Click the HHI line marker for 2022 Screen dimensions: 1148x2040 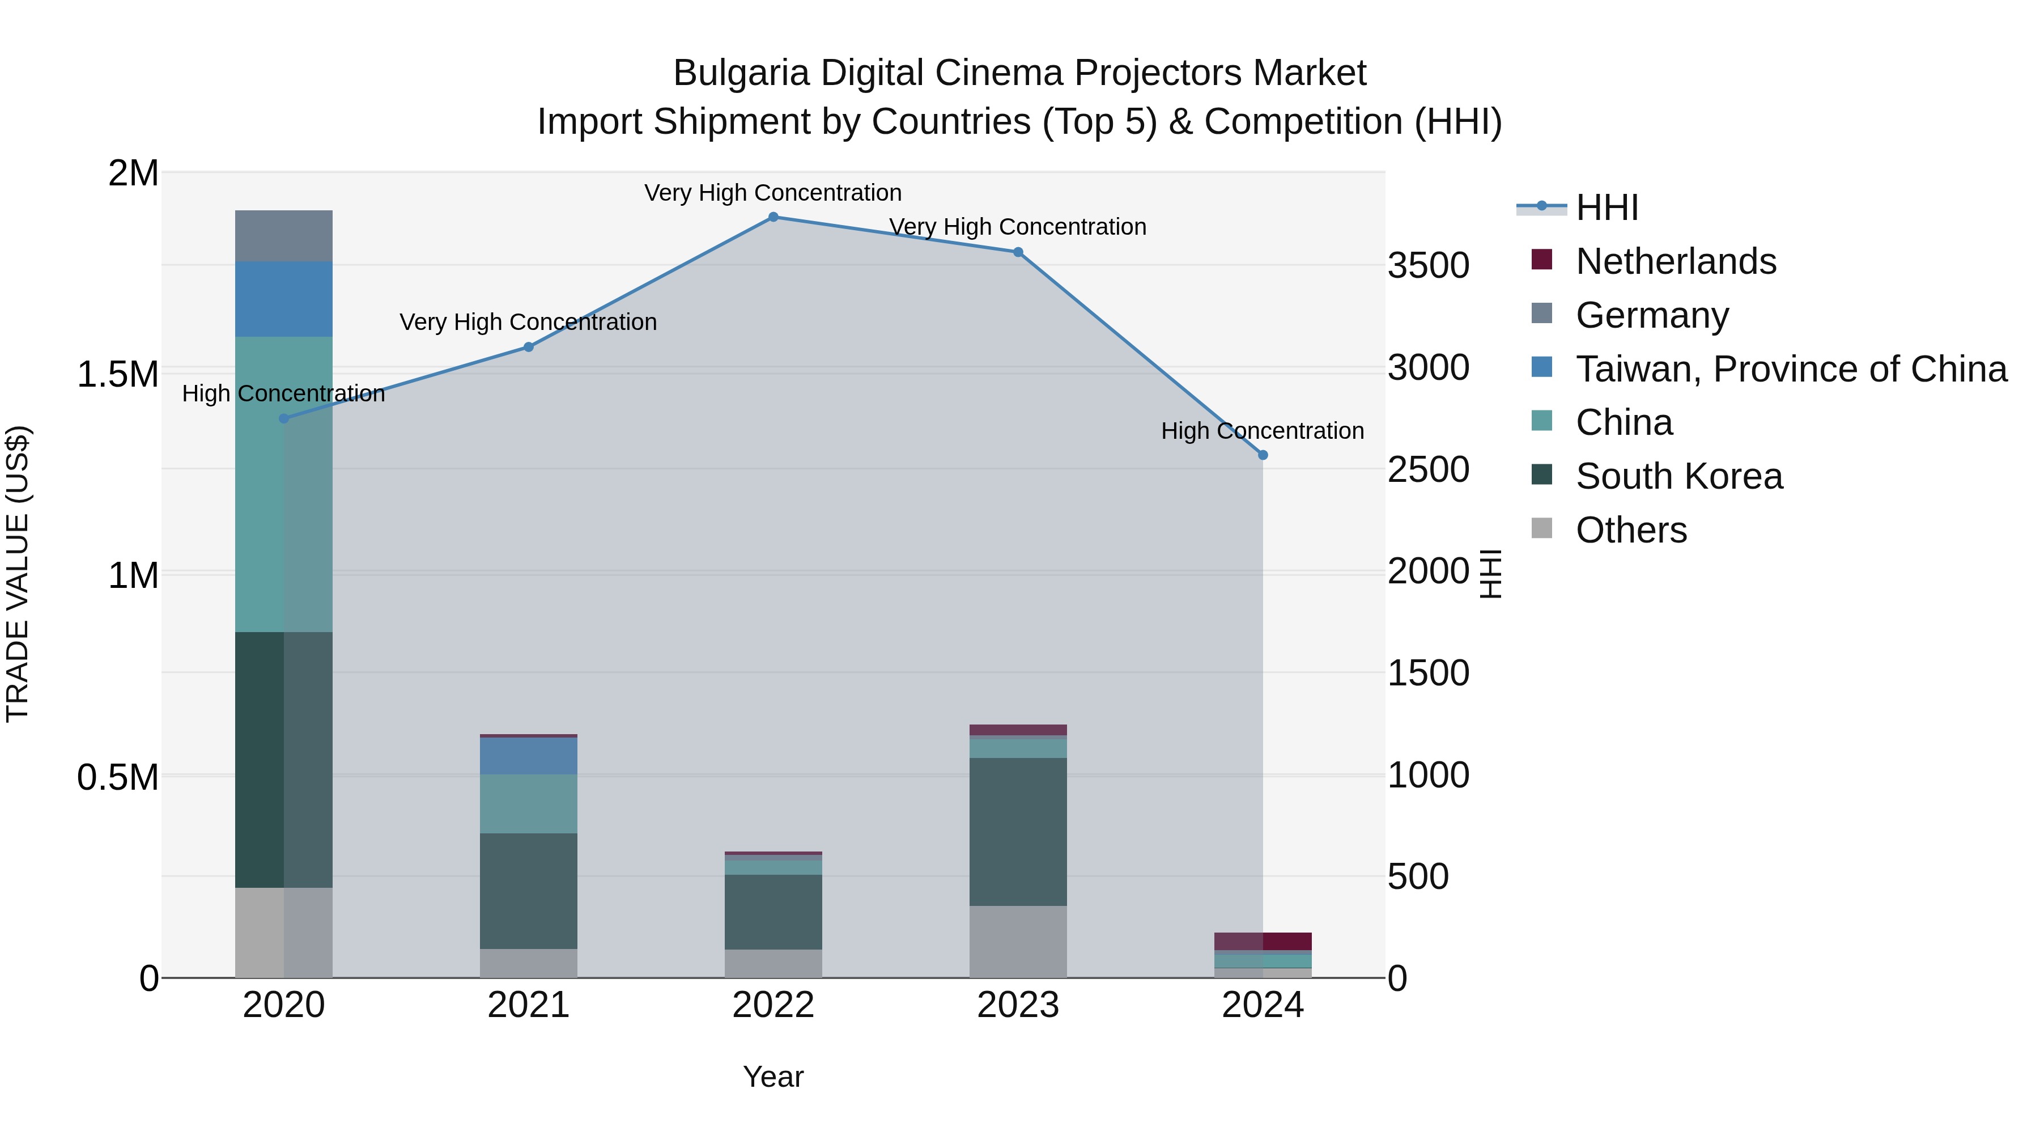point(773,217)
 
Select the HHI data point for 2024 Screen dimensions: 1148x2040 point(1263,456)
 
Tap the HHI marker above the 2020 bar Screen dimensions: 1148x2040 point(283,418)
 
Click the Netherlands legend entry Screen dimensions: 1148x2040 point(1675,261)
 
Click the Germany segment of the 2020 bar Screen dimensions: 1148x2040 point(283,236)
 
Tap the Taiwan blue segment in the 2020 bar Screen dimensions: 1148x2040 point(283,299)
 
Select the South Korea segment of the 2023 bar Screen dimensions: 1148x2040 point(1018,832)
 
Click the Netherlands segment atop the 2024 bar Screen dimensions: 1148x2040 point(1263,941)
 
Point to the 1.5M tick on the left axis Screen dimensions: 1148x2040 point(117,375)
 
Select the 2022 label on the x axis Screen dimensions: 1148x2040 point(773,1005)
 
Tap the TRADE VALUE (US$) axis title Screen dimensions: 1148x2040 point(18,574)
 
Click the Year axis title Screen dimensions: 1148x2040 point(773,1077)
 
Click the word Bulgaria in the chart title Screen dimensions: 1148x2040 point(741,73)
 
